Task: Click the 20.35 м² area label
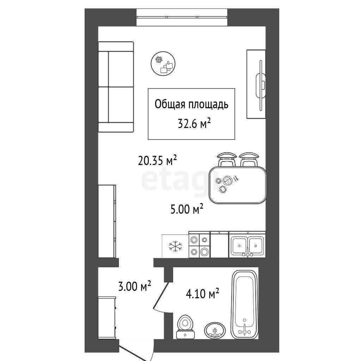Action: pyautogui.click(x=157, y=160)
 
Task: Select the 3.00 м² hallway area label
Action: pyautogui.click(x=134, y=286)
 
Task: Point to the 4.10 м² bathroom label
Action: pyautogui.click(x=202, y=294)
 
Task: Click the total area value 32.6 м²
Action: pyautogui.click(x=195, y=124)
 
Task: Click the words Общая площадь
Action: pyautogui.click(x=191, y=104)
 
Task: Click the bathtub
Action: pyautogui.click(x=245, y=304)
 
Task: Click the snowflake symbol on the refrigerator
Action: pyautogui.click(x=175, y=246)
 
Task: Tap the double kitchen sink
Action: pyautogui.click(x=247, y=245)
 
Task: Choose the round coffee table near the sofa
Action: pyautogui.click(x=163, y=63)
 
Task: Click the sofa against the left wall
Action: pyautogui.click(x=116, y=87)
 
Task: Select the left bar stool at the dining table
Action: pyautogui.click(x=227, y=159)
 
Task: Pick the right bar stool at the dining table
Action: pyautogui.click(x=249, y=159)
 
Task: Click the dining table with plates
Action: pyautogui.click(x=237, y=185)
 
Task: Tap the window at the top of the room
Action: pyautogui.click(x=182, y=17)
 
